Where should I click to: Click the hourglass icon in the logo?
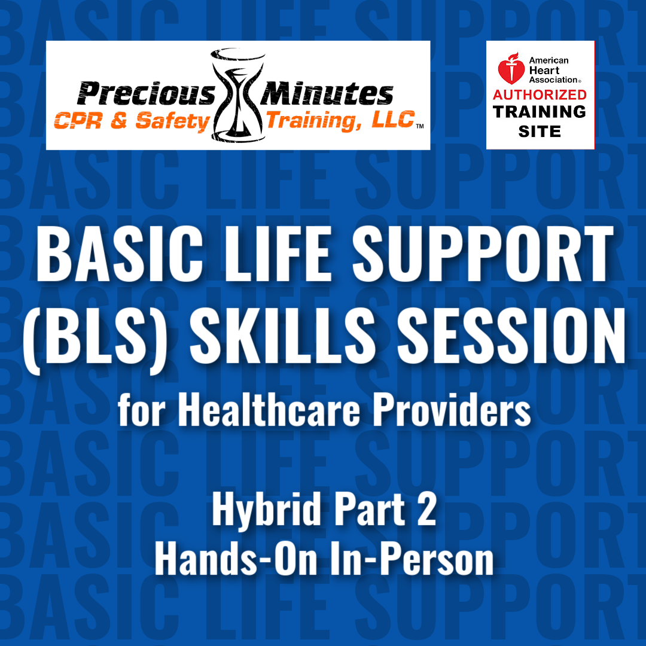click(x=237, y=96)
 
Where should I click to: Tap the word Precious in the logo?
click(x=147, y=93)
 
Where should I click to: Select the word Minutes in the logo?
click(x=327, y=93)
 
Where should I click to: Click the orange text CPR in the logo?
click(x=78, y=121)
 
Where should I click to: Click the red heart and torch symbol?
click(x=511, y=68)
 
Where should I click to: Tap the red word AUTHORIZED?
click(x=540, y=95)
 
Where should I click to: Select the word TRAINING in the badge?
click(x=540, y=112)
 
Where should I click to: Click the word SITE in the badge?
click(x=540, y=132)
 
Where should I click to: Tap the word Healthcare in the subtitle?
click(x=269, y=410)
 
